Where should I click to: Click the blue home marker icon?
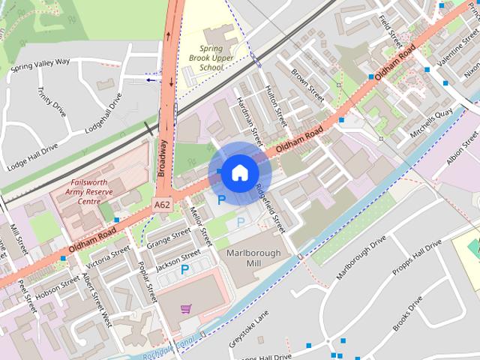coord(238,173)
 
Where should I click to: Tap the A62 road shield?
coord(162,204)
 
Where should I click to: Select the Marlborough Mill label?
coord(253,258)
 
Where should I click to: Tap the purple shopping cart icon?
coord(185,307)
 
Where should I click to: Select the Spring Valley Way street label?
coord(40,63)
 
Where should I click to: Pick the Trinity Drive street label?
coord(52,102)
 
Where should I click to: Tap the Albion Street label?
coord(461,148)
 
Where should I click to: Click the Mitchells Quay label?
coord(431,122)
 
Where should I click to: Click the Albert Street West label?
coord(97,299)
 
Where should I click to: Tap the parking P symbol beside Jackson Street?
coord(184,268)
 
